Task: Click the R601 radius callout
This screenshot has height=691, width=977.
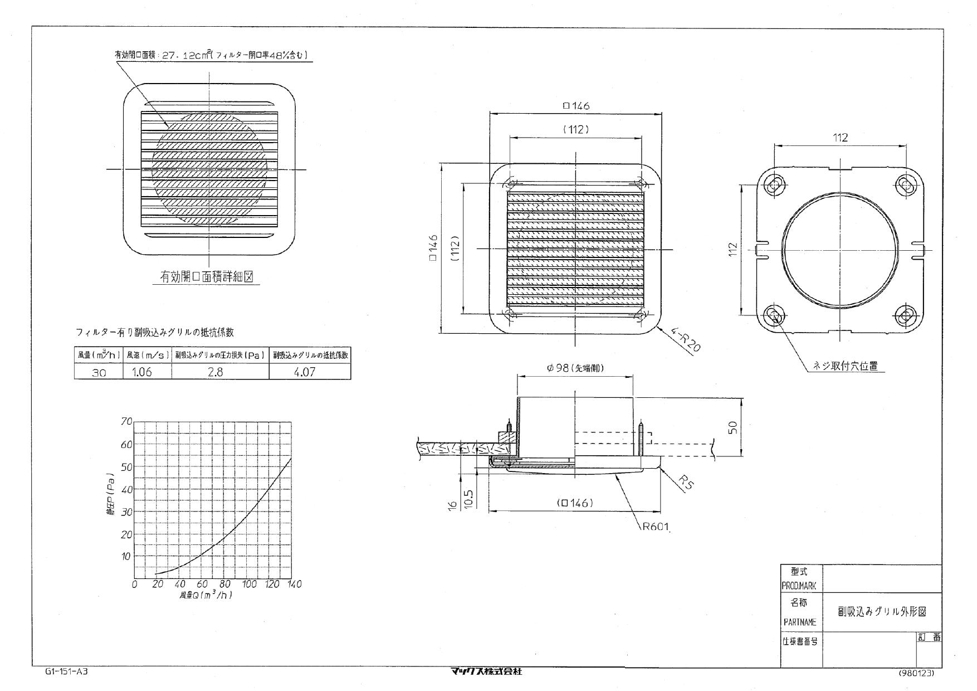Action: click(x=655, y=527)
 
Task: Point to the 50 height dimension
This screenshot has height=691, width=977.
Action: click(x=733, y=427)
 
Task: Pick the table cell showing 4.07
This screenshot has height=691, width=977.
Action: click(x=310, y=372)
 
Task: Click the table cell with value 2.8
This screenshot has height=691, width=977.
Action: click(x=220, y=372)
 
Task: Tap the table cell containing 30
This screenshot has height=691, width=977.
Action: click(x=99, y=372)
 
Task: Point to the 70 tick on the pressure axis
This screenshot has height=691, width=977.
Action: click(x=126, y=422)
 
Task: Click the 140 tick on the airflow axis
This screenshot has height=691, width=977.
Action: click(x=293, y=584)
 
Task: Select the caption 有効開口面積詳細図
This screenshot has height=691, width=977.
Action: click(x=207, y=277)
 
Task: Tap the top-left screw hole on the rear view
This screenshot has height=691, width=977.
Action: click(x=774, y=185)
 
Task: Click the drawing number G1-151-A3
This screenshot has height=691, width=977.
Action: click(x=66, y=671)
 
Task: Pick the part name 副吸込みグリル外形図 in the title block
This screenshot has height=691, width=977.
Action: click(x=882, y=611)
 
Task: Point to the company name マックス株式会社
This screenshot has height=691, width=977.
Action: click(x=487, y=671)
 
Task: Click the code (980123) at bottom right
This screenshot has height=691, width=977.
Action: click(x=916, y=673)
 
